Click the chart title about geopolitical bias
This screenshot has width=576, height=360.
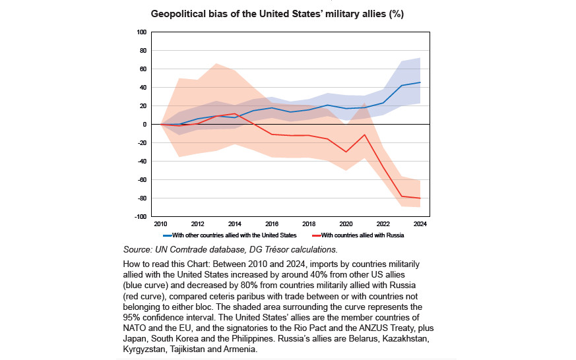click(286, 13)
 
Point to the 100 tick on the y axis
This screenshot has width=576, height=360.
click(141, 32)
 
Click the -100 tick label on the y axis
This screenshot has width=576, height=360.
click(140, 216)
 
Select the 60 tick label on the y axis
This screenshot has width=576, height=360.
click(143, 69)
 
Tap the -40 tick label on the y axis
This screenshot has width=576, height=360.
click(141, 161)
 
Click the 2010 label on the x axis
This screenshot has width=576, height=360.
click(162, 224)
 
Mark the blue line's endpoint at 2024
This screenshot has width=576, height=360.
click(420, 82)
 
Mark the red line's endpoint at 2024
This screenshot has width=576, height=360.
click(420, 198)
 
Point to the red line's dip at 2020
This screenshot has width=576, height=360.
click(346, 152)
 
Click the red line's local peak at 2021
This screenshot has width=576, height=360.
click(365, 135)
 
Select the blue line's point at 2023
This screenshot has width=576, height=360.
click(402, 85)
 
